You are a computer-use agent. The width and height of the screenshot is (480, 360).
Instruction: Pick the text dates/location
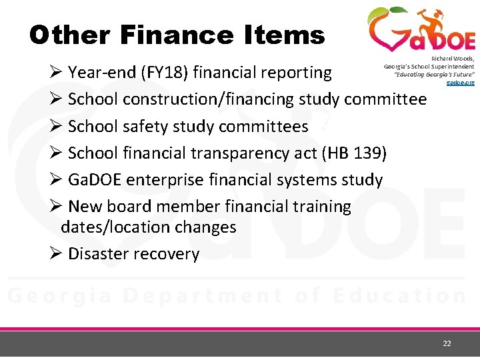click(114, 227)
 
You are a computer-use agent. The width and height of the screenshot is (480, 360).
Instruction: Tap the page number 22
click(447, 343)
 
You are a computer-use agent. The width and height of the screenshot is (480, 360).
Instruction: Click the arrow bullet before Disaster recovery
click(56, 254)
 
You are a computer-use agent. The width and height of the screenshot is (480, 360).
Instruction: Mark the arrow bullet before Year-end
click(56, 72)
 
